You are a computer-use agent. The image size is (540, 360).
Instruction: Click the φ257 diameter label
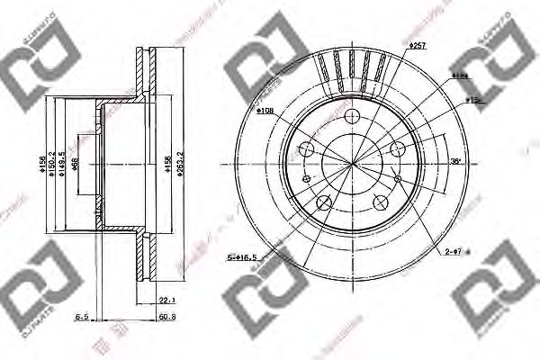coord(417,45)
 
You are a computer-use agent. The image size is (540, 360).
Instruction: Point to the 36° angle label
coord(455,163)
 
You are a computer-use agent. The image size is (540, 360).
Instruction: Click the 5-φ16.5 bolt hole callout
coord(242,258)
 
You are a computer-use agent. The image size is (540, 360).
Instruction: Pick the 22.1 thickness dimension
coord(165,301)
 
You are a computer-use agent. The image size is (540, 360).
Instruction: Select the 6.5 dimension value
coord(81,317)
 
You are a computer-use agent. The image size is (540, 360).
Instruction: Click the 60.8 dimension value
coord(165,317)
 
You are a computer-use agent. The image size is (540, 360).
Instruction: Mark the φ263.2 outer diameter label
coord(181,165)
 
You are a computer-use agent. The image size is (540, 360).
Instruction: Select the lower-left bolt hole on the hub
coord(323,202)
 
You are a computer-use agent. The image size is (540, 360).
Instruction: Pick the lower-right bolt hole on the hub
coord(379,202)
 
